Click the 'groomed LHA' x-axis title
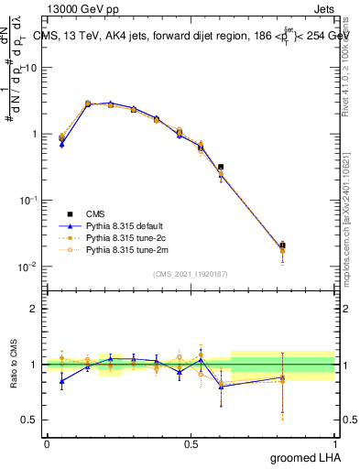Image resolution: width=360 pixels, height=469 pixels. [304, 457]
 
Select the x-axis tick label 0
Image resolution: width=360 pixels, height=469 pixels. [46, 443]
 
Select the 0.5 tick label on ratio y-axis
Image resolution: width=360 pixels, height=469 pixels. [31, 420]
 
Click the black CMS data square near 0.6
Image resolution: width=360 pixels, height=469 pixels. [221, 168]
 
